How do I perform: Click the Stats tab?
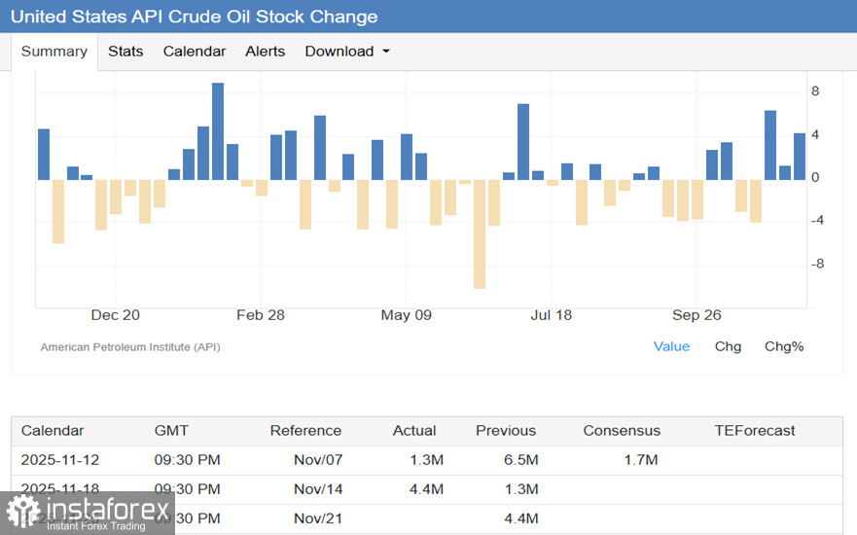[125, 52]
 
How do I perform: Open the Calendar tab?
[195, 52]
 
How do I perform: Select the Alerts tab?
[266, 52]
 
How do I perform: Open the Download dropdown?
[347, 52]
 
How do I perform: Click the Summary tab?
[54, 52]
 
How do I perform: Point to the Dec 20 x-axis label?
[116, 315]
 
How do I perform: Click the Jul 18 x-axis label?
[552, 315]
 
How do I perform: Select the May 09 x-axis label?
[407, 315]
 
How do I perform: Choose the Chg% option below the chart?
[784, 346]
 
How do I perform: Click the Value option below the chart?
[671, 346]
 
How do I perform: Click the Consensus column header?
[622, 431]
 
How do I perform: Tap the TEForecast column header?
[755, 431]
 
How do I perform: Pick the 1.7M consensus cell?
[641, 460]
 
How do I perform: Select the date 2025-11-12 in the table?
[60, 460]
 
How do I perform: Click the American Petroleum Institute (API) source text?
[130, 347]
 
